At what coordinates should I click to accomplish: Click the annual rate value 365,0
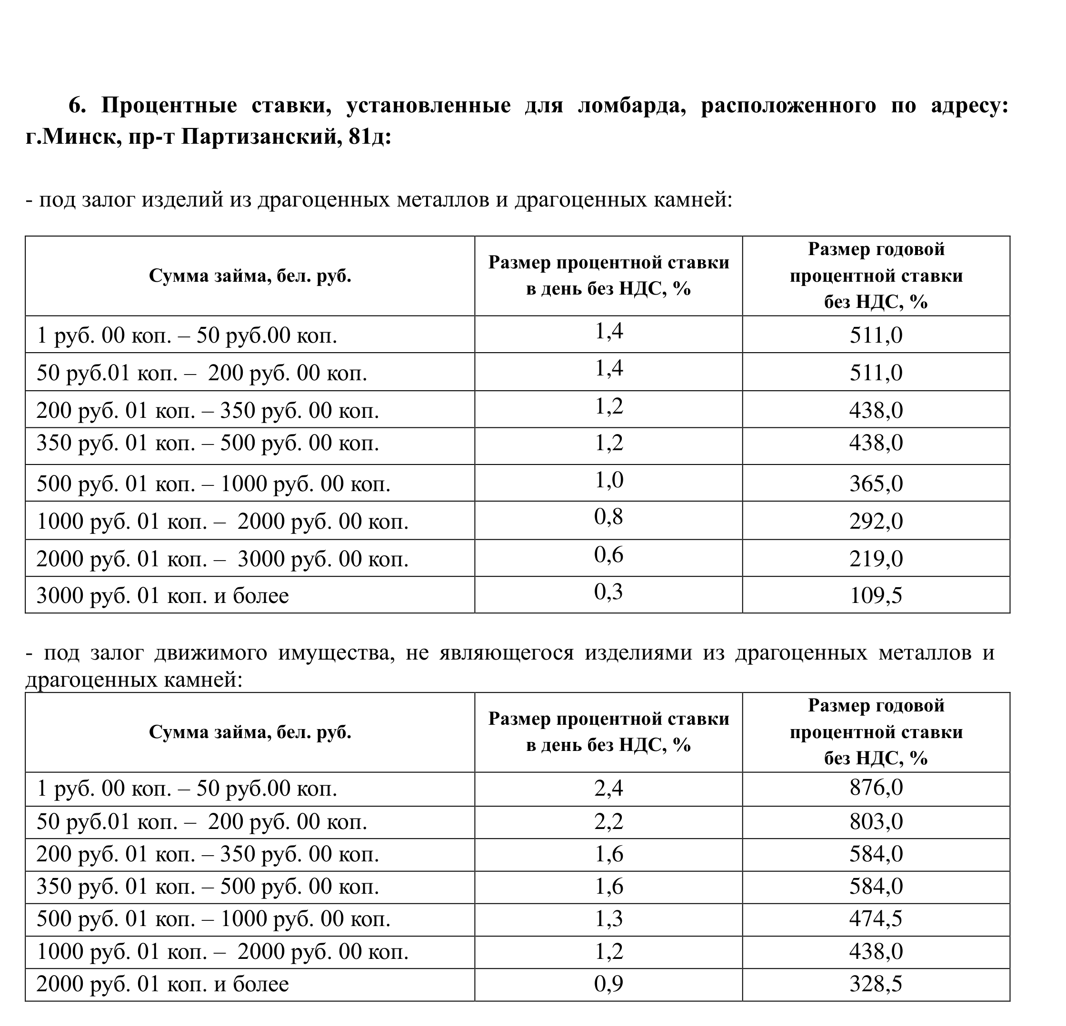pos(876,483)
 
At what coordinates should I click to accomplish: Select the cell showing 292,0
pos(876,522)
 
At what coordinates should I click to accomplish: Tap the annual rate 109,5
pos(876,595)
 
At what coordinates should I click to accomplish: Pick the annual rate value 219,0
pos(876,559)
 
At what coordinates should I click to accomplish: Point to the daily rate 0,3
pos(608,592)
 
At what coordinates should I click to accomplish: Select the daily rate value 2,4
pos(608,788)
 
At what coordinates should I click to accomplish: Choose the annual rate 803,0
pos(876,821)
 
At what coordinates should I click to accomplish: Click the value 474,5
pos(876,918)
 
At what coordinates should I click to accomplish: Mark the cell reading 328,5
pos(876,984)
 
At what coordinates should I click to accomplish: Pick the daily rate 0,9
pos(608,984)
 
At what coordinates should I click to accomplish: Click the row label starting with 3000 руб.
pos(163,596)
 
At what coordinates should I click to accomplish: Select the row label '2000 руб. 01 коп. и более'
pos(163,984)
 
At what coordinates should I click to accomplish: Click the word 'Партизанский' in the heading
pos(258,137)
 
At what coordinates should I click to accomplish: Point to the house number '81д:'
pos(369,137)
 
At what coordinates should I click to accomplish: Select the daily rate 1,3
pos(608,918)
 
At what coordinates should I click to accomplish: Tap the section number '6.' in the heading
pos(77,106)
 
